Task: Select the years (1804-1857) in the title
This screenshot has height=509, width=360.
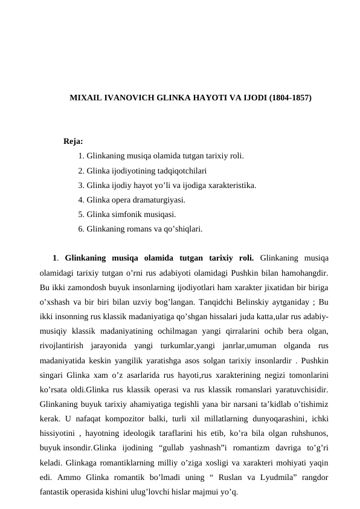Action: coord(290,97)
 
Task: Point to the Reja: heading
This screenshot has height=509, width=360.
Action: coord(73,142)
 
